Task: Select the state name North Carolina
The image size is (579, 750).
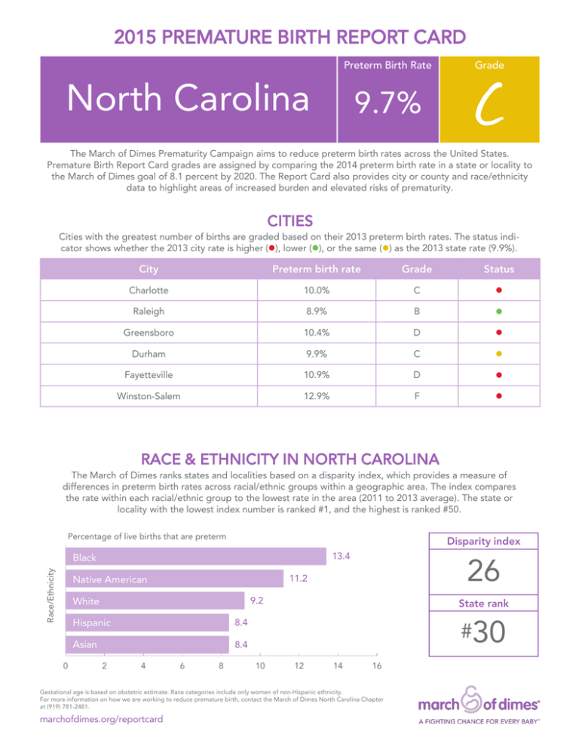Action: pos(188,97)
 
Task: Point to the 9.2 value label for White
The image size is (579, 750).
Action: pos(258,601)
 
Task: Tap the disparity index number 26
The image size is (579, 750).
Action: pos(482,573)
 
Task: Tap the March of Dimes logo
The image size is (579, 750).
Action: pos(482,706)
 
